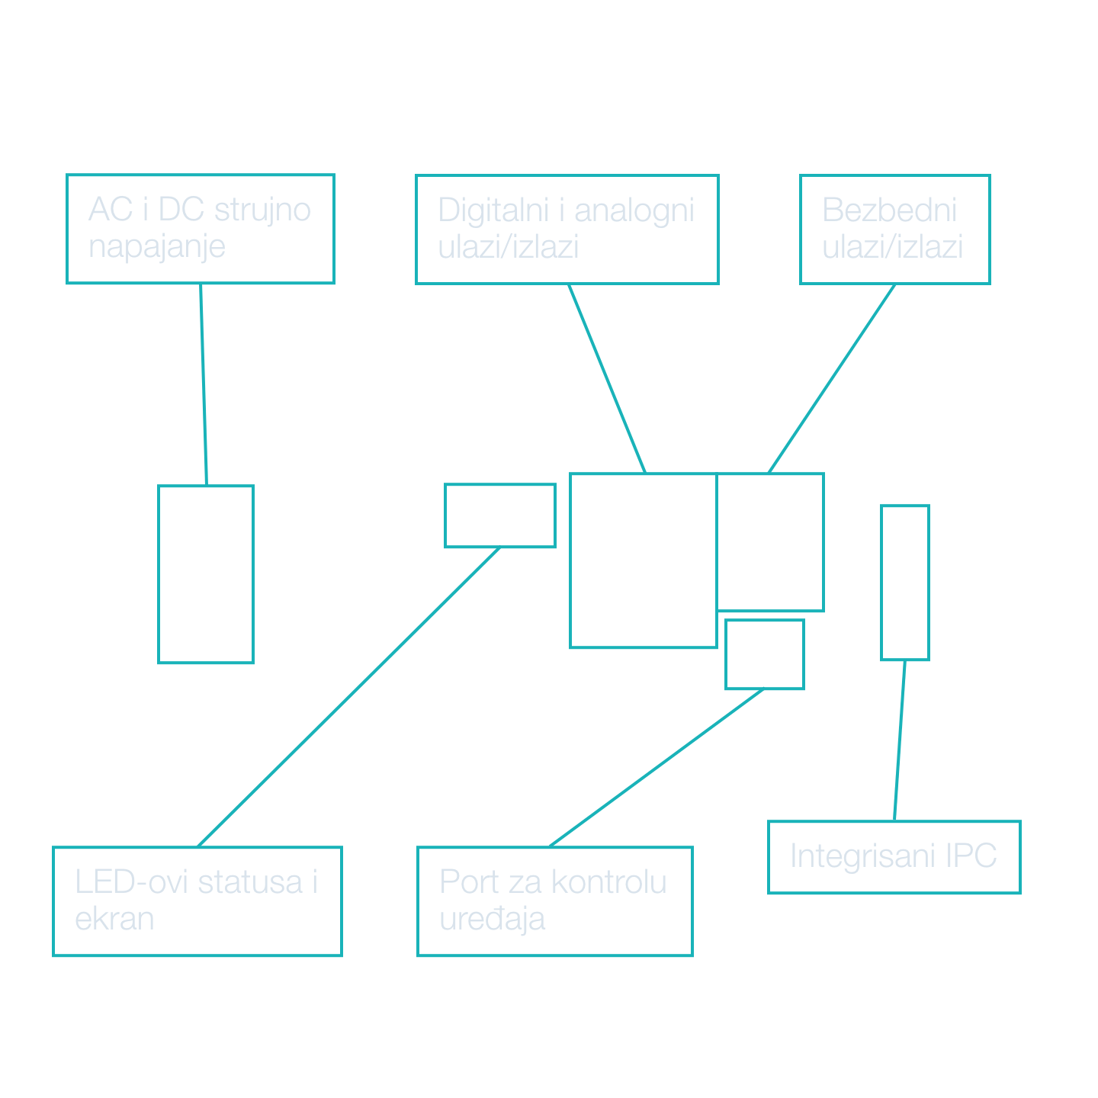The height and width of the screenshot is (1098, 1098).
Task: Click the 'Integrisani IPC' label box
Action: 894,856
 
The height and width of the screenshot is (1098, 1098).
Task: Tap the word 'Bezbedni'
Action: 889,210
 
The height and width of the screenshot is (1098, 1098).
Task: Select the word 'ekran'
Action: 114,919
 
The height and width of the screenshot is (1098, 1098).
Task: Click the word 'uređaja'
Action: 492,919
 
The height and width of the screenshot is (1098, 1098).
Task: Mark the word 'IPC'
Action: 971,856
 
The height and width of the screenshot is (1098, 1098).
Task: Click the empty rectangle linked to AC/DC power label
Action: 206,574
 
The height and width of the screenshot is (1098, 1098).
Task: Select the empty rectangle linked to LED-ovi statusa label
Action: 499,515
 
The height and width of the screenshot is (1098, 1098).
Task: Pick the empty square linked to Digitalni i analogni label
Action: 643,560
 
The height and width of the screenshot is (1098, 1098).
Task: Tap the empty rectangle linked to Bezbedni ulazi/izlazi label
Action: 770,542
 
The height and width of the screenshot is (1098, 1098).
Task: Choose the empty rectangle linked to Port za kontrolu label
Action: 764,654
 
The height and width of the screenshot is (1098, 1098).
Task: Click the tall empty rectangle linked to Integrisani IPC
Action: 904,582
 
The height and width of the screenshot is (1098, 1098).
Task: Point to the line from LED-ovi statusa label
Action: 348,697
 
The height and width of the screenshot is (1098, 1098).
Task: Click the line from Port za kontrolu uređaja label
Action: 656,768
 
